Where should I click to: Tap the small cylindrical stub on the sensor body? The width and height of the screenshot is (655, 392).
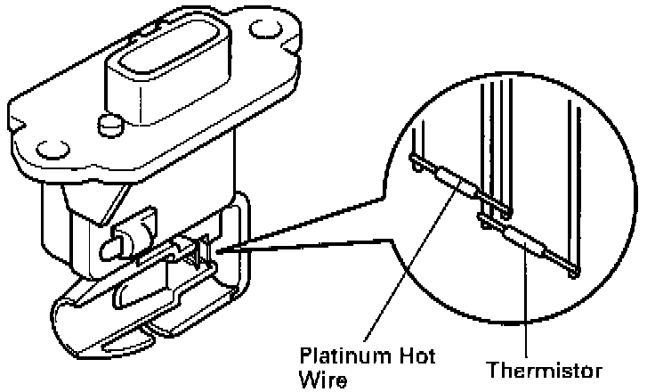[116, 243]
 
